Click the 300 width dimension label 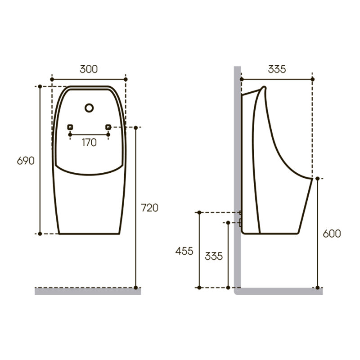click(x=89, y=69)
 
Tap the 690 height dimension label click(x=26, y=161)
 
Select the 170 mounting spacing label click(x=89, y=143)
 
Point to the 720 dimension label click(x=149, y=208)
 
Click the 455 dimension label click(x=184, y=251)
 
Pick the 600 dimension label click(x=332, y=234)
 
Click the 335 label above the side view click(x=277, y=69)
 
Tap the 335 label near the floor click(x=214, y=256)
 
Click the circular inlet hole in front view click(x=89, y=108)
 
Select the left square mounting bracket click(x=70, y=127)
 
